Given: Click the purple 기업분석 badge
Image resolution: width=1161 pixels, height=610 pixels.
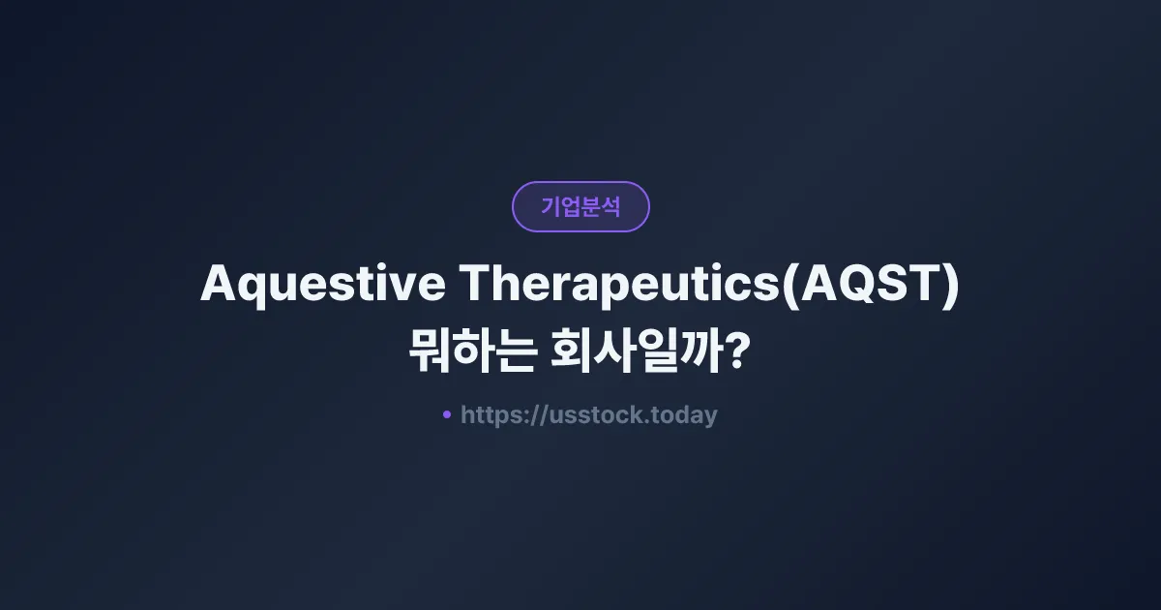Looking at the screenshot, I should click(x=580, y=206).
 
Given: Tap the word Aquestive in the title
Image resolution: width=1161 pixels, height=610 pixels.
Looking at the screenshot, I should click(x=322, y=284).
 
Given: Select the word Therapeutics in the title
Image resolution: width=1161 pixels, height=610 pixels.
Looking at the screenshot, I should click(x=618, y=284).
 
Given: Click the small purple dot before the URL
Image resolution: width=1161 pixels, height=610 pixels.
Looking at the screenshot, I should click(x=447, y=414).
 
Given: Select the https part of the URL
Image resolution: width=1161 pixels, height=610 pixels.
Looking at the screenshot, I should click(x=493, y=415).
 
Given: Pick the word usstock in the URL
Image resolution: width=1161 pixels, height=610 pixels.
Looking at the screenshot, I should click(x=596, y=415).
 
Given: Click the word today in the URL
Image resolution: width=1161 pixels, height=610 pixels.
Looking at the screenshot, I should click(x=685, y=415).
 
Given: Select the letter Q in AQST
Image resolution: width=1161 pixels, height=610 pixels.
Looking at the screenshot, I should click(x=851, y=284).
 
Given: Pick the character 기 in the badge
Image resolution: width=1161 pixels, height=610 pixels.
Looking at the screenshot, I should click(x=551, y=206).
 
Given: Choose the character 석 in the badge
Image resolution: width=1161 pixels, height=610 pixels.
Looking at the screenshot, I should click(x=610, y=206).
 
